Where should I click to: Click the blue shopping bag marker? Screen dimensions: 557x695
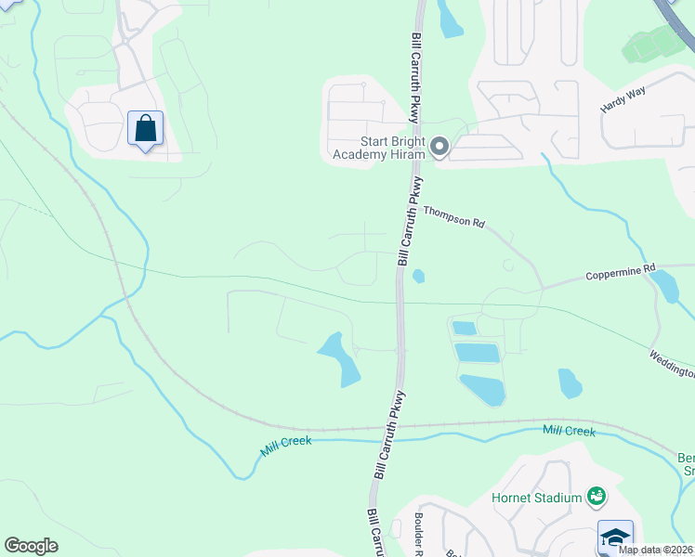point(146,128)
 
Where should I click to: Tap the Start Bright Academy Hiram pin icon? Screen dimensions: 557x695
point(439,147)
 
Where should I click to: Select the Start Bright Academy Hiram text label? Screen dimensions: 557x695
point(379,148)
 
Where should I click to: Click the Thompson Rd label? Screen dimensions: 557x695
point(454,217)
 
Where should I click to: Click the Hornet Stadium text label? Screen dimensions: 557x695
point(535,498)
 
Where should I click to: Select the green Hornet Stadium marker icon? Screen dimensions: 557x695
point(596,499)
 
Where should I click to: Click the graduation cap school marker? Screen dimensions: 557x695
point(615,538)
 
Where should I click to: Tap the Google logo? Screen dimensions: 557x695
point(31,546)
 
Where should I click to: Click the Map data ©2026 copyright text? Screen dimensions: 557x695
point(655,550)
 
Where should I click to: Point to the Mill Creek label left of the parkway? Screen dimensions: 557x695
point(286,446)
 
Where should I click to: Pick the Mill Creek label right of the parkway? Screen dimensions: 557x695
point(569,431)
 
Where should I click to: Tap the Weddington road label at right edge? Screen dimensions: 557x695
point(672,364)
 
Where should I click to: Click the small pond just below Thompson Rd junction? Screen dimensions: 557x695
point(418,275)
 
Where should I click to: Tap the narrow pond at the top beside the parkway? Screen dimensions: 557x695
point(449,19)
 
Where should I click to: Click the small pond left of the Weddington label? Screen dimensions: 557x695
point(570,382)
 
